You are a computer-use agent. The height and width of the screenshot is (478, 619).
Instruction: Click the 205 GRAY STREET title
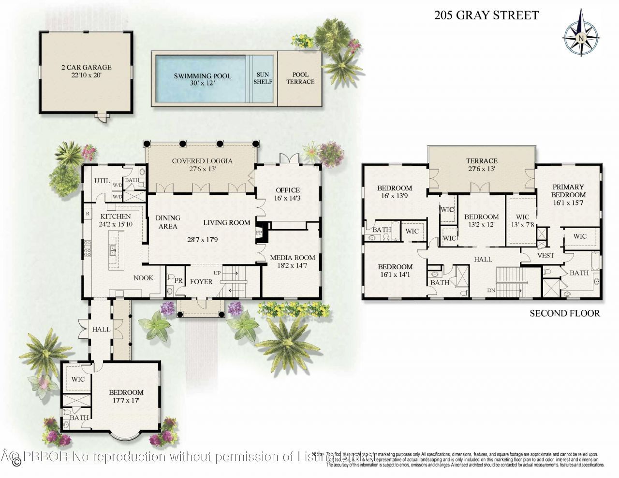(486, 15)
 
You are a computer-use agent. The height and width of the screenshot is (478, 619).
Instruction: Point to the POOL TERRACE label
(300, 78)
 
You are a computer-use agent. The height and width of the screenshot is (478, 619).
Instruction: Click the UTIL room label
(102, 181)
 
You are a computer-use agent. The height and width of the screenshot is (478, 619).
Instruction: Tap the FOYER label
(201, 281)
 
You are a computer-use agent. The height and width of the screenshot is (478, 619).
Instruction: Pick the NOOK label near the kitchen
(144, 278)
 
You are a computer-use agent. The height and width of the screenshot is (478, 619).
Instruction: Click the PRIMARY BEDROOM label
(568, 191)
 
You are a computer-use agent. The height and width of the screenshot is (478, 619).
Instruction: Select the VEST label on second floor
(546, 255)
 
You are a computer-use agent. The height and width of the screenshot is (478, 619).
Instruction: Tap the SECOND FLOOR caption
(564, 313)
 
